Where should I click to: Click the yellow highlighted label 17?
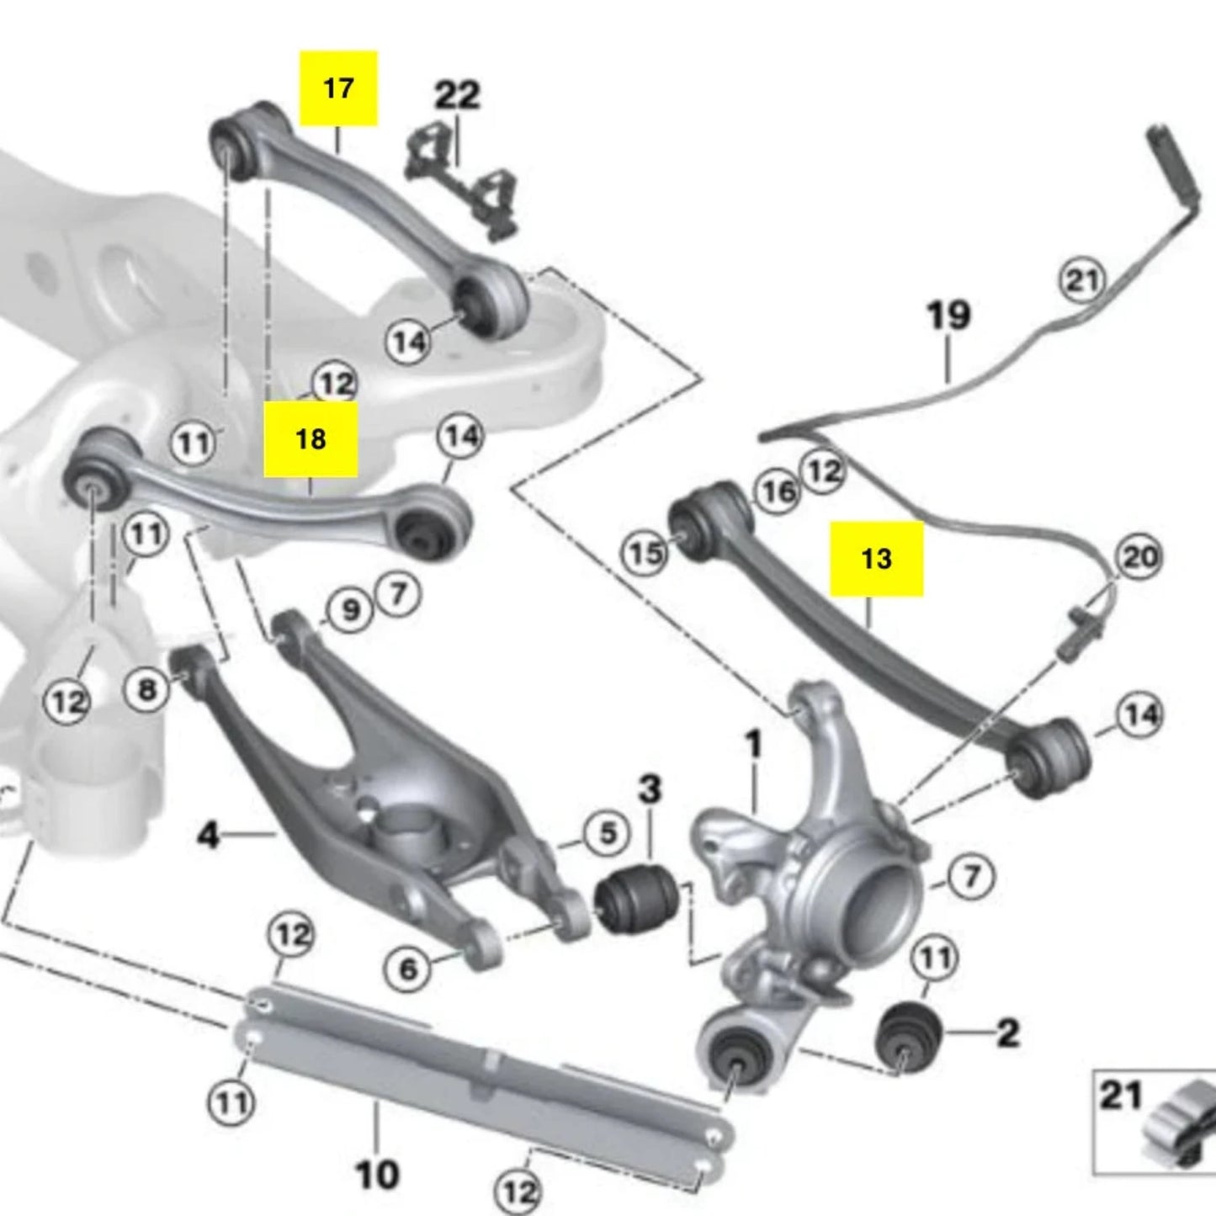point(338,88)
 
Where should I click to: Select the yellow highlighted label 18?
point(311,438)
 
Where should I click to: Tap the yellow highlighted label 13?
point(876,558)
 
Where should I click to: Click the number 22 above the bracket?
point(457,95)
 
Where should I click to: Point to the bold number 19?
point(948,316)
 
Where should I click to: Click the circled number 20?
point(1139,557)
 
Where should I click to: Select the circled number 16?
point(778,491)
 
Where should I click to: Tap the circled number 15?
point(645,553)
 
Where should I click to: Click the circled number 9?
point(350,609)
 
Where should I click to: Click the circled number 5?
point(608,833)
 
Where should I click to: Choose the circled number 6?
point(408,969)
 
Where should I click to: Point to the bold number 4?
point(208,835)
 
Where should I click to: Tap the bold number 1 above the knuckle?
point(753,744)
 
